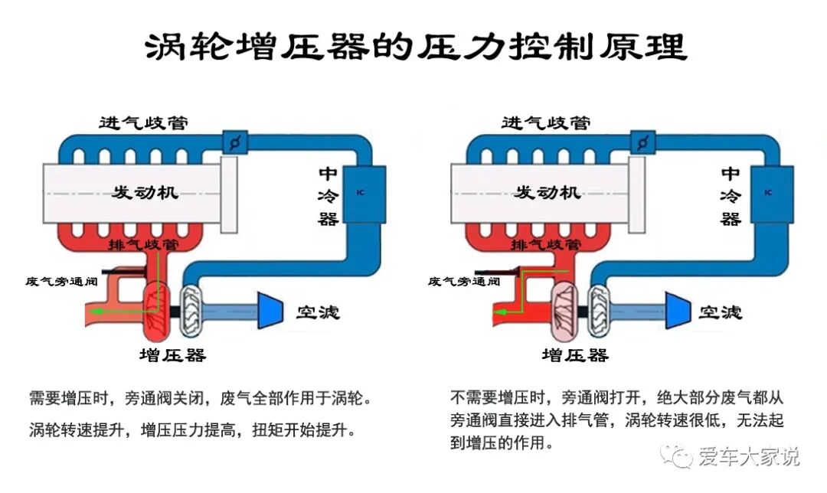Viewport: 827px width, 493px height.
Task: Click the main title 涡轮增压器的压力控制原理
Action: [414, 47]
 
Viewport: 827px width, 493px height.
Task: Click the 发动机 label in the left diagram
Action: [145, 191]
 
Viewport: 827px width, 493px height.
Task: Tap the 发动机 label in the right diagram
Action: [548, 191]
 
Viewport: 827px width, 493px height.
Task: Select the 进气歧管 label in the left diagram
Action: [144, 123]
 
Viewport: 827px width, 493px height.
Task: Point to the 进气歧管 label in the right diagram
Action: [546, 123]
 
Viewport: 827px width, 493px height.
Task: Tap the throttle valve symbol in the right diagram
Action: [642, 142]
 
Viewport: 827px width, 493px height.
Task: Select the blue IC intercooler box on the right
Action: [766, 192]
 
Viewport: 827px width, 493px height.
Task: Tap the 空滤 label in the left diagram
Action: [317, 312]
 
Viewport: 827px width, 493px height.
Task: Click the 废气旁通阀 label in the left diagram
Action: [60, 281]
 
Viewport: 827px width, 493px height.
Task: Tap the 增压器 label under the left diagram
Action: [172, 355]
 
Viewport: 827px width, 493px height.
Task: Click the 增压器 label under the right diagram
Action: [575, 355]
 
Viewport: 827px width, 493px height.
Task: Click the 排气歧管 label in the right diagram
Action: [546, 245]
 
